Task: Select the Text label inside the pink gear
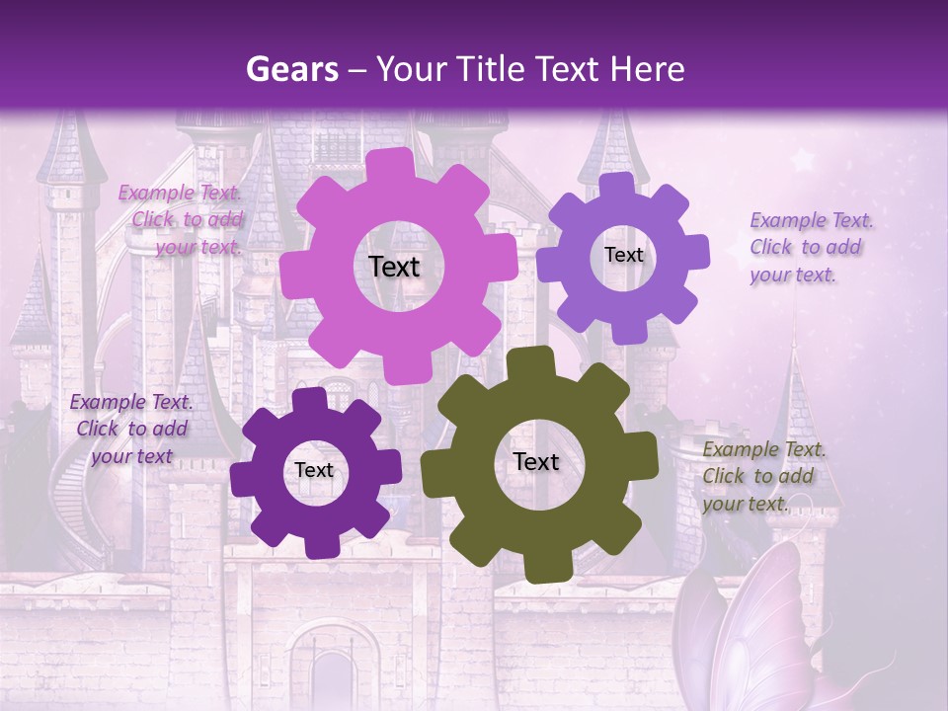coord(394,267)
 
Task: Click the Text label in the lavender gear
coord(623,255)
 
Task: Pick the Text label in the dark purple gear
coord(314,471)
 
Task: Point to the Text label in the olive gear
coord(536,461)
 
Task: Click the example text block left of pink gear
coord(184,220)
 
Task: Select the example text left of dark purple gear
coord(131,429)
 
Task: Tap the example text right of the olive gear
coord(762,476)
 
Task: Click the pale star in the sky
coord(802,159)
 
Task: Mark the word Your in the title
coord(409,69)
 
